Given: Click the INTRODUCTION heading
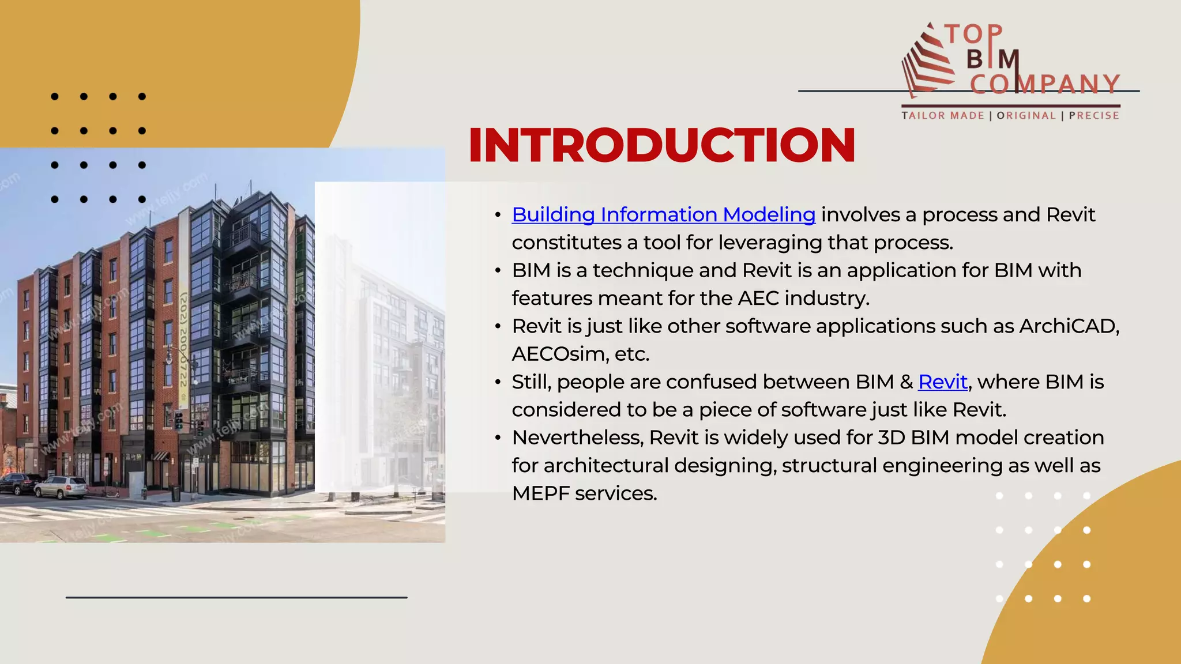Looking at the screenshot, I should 662,145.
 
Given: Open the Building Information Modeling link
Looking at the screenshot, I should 663,215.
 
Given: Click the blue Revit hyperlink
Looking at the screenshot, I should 942,382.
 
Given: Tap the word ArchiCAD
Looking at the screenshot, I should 1069,326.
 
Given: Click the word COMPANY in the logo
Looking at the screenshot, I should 1044,85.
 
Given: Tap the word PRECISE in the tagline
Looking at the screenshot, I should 1094,116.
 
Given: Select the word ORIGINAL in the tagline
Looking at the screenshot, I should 1026,116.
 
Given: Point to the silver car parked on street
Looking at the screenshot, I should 61,487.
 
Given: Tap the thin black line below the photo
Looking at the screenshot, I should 236,598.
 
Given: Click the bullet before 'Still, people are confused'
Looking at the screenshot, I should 498,383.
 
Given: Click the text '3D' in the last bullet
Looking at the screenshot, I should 892,438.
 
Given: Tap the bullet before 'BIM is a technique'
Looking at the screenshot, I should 498,271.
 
